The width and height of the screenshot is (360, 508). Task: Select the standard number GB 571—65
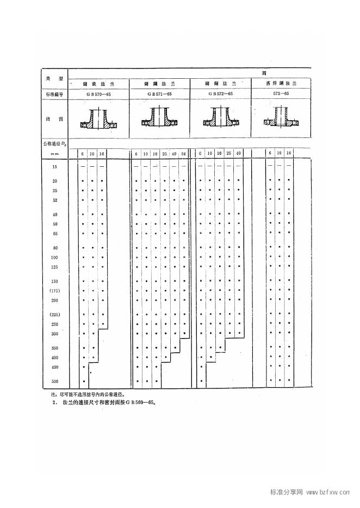point(159,94)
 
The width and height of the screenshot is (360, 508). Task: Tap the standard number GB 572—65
point(220,94)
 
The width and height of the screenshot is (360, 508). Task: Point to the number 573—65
point(281,94)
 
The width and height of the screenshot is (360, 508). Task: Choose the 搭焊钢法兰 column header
point(281,84)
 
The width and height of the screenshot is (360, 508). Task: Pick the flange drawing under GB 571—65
point(159,120)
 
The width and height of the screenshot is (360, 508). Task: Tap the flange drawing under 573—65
point(281,120)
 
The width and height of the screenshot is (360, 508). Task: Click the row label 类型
point(54,79)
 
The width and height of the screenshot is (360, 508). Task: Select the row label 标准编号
point(54,95)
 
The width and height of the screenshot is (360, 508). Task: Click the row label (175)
point(55,291)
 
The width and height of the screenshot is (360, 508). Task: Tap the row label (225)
point(55,315)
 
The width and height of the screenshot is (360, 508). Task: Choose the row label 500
point(55,381)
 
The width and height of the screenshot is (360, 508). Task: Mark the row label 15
point(55,167)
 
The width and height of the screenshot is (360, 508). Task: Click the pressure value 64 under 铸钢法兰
point(183,154)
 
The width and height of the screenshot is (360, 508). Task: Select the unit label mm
point(55,154)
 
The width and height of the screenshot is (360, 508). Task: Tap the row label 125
point(55,267)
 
